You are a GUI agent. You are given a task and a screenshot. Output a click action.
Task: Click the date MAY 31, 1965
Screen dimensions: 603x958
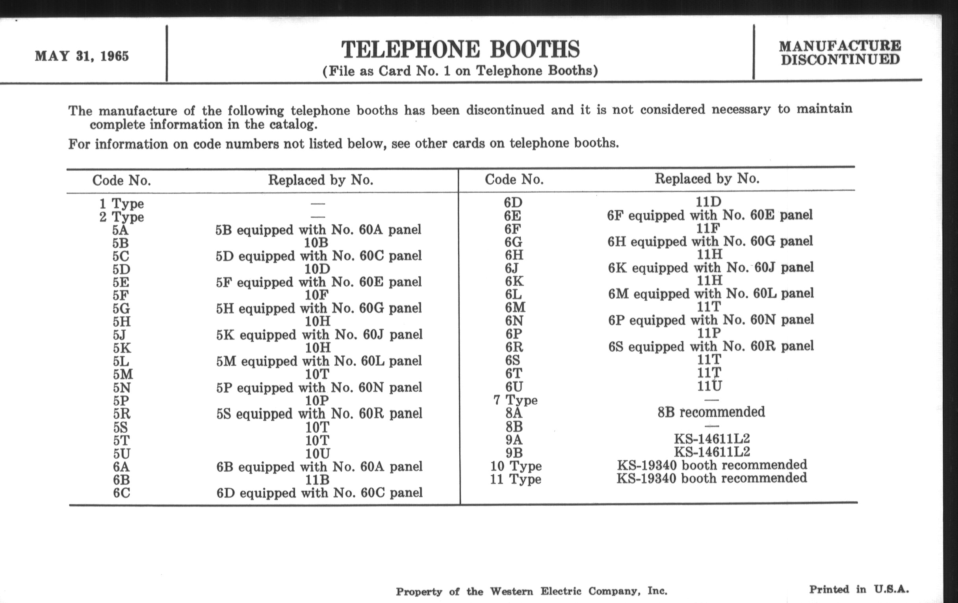pyautogui.click(x=82, y=56)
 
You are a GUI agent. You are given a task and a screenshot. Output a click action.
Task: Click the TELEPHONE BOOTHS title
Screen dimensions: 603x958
pyautogui.click(x=460, y=49)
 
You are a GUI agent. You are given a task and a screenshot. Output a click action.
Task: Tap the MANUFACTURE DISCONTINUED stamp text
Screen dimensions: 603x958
pyautogui.click(x=840, y=53)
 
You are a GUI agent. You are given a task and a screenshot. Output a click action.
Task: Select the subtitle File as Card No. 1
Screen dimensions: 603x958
pyautogui.click(x=460, y=71)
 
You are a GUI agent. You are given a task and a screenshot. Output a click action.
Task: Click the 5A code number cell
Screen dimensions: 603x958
pyautogui.click(x=120, y=230)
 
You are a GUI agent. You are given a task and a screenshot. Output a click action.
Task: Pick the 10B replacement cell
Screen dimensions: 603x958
pyautogui.click(x=317, y=243)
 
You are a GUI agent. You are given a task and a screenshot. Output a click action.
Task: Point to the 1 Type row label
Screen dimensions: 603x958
pyautogui.click(x=121, y=204)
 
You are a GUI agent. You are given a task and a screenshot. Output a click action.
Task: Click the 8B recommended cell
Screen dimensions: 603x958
pyautogui.click(x=711, y=412)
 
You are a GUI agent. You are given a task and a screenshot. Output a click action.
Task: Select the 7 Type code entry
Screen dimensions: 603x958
pyautogui.click(x=515, y=400)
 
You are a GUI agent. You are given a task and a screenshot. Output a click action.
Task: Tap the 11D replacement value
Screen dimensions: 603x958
pyautogui.click(x=708, y=202)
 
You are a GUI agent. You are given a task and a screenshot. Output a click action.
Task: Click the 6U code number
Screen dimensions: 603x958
pyautogui.click(x=514, y=387)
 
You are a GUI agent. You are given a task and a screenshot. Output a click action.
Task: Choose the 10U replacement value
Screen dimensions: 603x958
pyautogui.click(x=317, y=453)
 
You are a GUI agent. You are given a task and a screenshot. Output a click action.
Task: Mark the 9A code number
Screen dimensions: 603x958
pyautogui.click(x=514, y=439)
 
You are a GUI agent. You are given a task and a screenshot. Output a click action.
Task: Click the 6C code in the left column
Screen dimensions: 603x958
pyautogui.click(x=121, y=493)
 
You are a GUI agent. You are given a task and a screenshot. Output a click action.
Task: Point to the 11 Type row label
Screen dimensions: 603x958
pyautogui.click(x=515, y=479)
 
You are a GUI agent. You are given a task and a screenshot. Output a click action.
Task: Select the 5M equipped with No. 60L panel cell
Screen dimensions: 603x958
pyautogui.click(x=319, y=361)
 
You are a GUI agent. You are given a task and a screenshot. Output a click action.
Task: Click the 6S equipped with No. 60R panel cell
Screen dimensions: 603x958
pyautogui.click(x=711, y=346)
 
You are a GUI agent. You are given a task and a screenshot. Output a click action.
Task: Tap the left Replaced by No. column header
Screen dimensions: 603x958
pyautogui.click(x=320, y=180)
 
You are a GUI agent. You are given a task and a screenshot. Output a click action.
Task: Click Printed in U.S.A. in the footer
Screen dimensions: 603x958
pyautogui.click(x=859, y=590)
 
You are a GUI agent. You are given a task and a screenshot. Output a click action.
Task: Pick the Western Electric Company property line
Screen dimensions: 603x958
pyautogui.click(x=531, y=592)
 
